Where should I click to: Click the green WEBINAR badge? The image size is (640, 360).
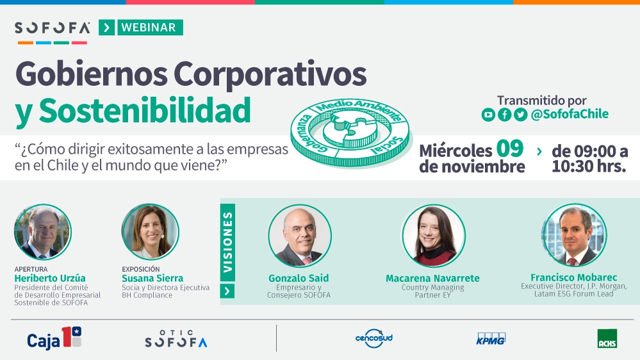(x=150, y=28)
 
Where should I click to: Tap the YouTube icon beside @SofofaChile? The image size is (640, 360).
(x=488, y=115)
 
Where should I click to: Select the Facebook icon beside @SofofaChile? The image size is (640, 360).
(x=504, y=115)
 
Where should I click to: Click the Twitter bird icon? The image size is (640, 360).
(x=520, y=115)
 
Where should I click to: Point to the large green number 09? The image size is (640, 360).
(x=510, y=148)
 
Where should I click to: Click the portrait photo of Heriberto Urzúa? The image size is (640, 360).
(x=42, y=232)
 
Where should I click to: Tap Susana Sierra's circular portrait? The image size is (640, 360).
(x=150, y=232)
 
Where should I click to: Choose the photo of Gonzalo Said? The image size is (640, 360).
(x=300, y=236)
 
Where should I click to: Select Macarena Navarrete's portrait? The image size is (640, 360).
(x=433, y=236)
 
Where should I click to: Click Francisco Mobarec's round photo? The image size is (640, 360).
(x=574, y=235)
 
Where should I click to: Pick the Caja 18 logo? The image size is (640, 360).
(x=54, y=338)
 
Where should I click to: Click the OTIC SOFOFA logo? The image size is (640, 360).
(x=176, y=339)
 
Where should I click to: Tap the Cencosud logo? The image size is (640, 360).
(x=374, y=338)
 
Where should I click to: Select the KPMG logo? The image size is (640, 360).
(x=491, y=339)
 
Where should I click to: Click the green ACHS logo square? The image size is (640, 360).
(x=607, y=338)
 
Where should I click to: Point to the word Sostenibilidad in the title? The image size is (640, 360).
(x=145, y=110)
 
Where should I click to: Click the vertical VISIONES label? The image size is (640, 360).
(x=227, y=242)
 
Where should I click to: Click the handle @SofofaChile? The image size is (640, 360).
(x=570, y=114)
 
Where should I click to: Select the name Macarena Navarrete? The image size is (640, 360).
(x=432, y=279)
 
